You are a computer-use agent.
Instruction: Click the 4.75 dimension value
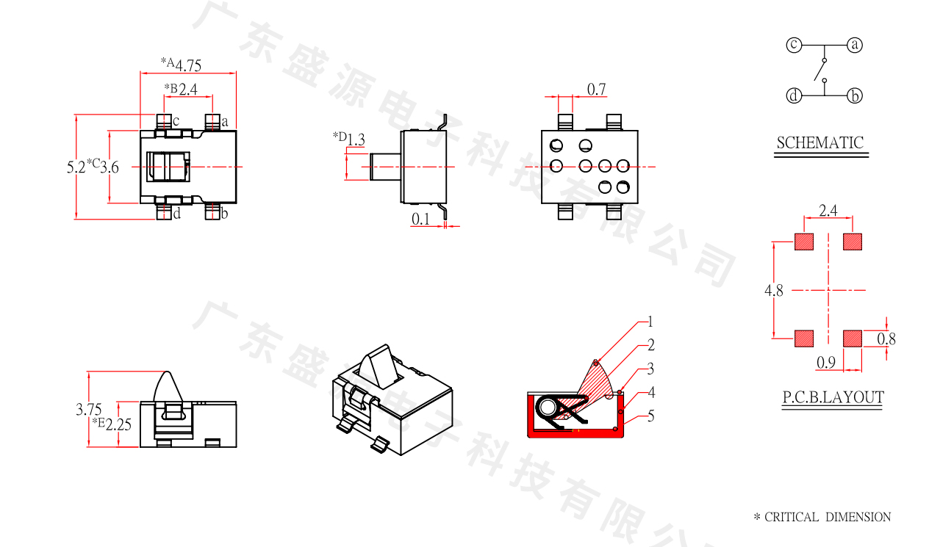188,65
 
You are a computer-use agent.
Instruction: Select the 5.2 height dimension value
76,167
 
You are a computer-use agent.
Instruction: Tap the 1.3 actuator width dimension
356,140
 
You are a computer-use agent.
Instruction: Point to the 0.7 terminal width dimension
596,89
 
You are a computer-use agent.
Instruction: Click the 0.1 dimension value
420,219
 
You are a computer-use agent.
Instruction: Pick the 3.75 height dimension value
89,410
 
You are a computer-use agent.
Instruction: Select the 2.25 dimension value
118,424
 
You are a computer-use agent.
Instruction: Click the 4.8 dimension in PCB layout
774,291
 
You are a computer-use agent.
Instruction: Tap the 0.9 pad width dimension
825,363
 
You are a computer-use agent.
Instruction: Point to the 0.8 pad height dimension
886,339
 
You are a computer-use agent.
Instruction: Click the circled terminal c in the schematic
794,45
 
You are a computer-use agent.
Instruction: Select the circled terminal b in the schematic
855,95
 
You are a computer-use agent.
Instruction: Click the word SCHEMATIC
820,143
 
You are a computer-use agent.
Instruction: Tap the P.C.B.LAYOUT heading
833,397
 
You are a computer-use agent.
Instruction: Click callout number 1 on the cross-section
650,322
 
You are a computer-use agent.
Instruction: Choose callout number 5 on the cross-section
650,416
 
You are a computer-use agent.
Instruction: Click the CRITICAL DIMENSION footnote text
822,517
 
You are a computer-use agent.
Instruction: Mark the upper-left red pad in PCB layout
804,242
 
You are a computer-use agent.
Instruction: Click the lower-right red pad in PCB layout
853,338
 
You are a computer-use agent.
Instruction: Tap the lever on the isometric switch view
379,366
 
